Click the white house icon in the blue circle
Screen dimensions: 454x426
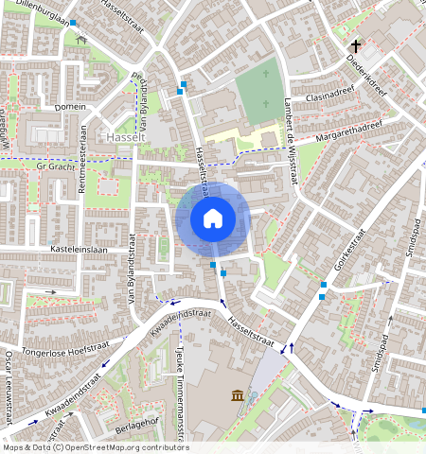(x=213, y=218)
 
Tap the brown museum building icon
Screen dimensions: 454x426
(x=235, y=394)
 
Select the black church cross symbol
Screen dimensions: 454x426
(x=357, y=45)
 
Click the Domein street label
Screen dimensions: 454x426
(x=70, y=108)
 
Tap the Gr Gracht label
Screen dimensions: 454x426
(x=53, y=166)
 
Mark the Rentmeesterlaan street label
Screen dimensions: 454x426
(x=82, y=171)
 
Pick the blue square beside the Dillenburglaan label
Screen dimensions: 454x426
(x=73, y=21)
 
